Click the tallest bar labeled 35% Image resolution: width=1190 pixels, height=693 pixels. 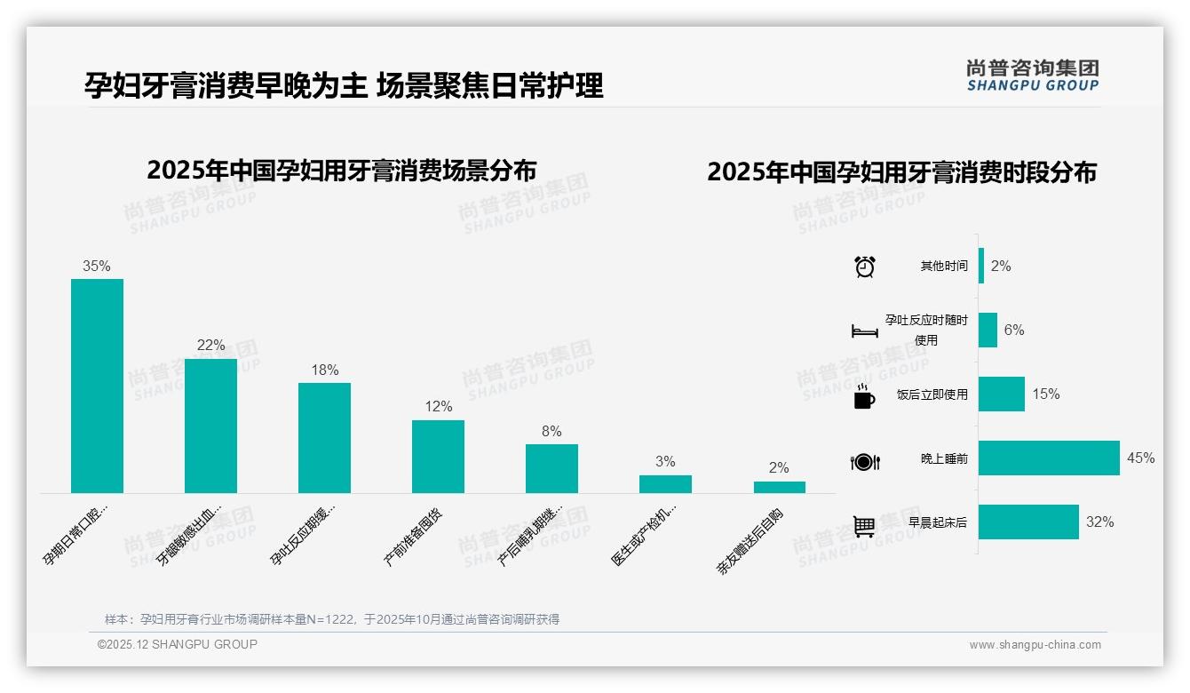pos(97,386)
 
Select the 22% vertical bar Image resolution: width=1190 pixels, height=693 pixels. pos(210,426)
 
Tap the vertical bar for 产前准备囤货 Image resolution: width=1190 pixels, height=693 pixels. pos(438,456)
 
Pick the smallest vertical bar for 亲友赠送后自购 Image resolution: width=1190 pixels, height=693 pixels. pos(779,487)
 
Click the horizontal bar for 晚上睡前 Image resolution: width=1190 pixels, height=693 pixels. pos(1049,458)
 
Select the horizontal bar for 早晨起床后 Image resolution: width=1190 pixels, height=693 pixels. pos(1028,522)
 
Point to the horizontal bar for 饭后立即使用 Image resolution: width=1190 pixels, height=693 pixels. pos(1001,394)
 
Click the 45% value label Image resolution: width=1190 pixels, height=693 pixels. pos(1140,458)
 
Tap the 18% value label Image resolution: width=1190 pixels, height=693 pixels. pos(324,370)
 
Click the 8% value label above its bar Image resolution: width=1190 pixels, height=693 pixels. pos(551,432)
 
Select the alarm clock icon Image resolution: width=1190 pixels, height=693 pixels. pos(864,267)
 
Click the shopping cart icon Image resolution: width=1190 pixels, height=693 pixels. pos(864,526)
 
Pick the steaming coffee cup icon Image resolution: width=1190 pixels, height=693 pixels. pos(864,396)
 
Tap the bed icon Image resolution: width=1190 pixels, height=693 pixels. pos(864,331)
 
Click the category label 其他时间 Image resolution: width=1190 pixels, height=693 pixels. pos(944,267)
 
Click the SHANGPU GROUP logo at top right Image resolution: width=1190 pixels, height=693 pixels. pos(1032,76)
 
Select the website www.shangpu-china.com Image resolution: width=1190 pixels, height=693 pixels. pos(1035,645)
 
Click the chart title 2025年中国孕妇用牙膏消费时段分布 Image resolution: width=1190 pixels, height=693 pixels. pos(901,172)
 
